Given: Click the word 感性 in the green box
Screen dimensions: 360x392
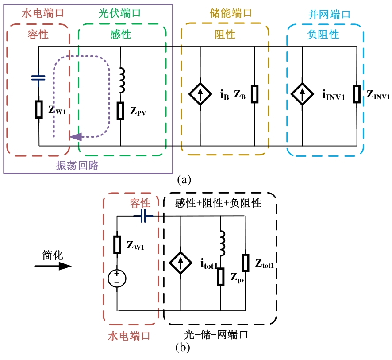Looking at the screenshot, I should tap(120, 34).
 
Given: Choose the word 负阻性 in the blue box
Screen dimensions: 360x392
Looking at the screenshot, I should tap(323, 34).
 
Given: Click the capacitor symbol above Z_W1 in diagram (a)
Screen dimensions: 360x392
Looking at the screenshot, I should tap(38, 78).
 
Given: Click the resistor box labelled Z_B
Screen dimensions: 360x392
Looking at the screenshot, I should tap(254, 94).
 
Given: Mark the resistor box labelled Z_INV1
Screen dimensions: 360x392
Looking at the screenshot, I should tap(357, 94).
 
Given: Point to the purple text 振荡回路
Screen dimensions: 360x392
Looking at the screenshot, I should tap(77, 166).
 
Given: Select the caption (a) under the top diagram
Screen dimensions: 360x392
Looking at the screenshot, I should tap(184, 179).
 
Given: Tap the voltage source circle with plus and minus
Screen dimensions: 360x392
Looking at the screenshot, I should tap(117, 278).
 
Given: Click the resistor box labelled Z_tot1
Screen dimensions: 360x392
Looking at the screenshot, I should tap(245, 263).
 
